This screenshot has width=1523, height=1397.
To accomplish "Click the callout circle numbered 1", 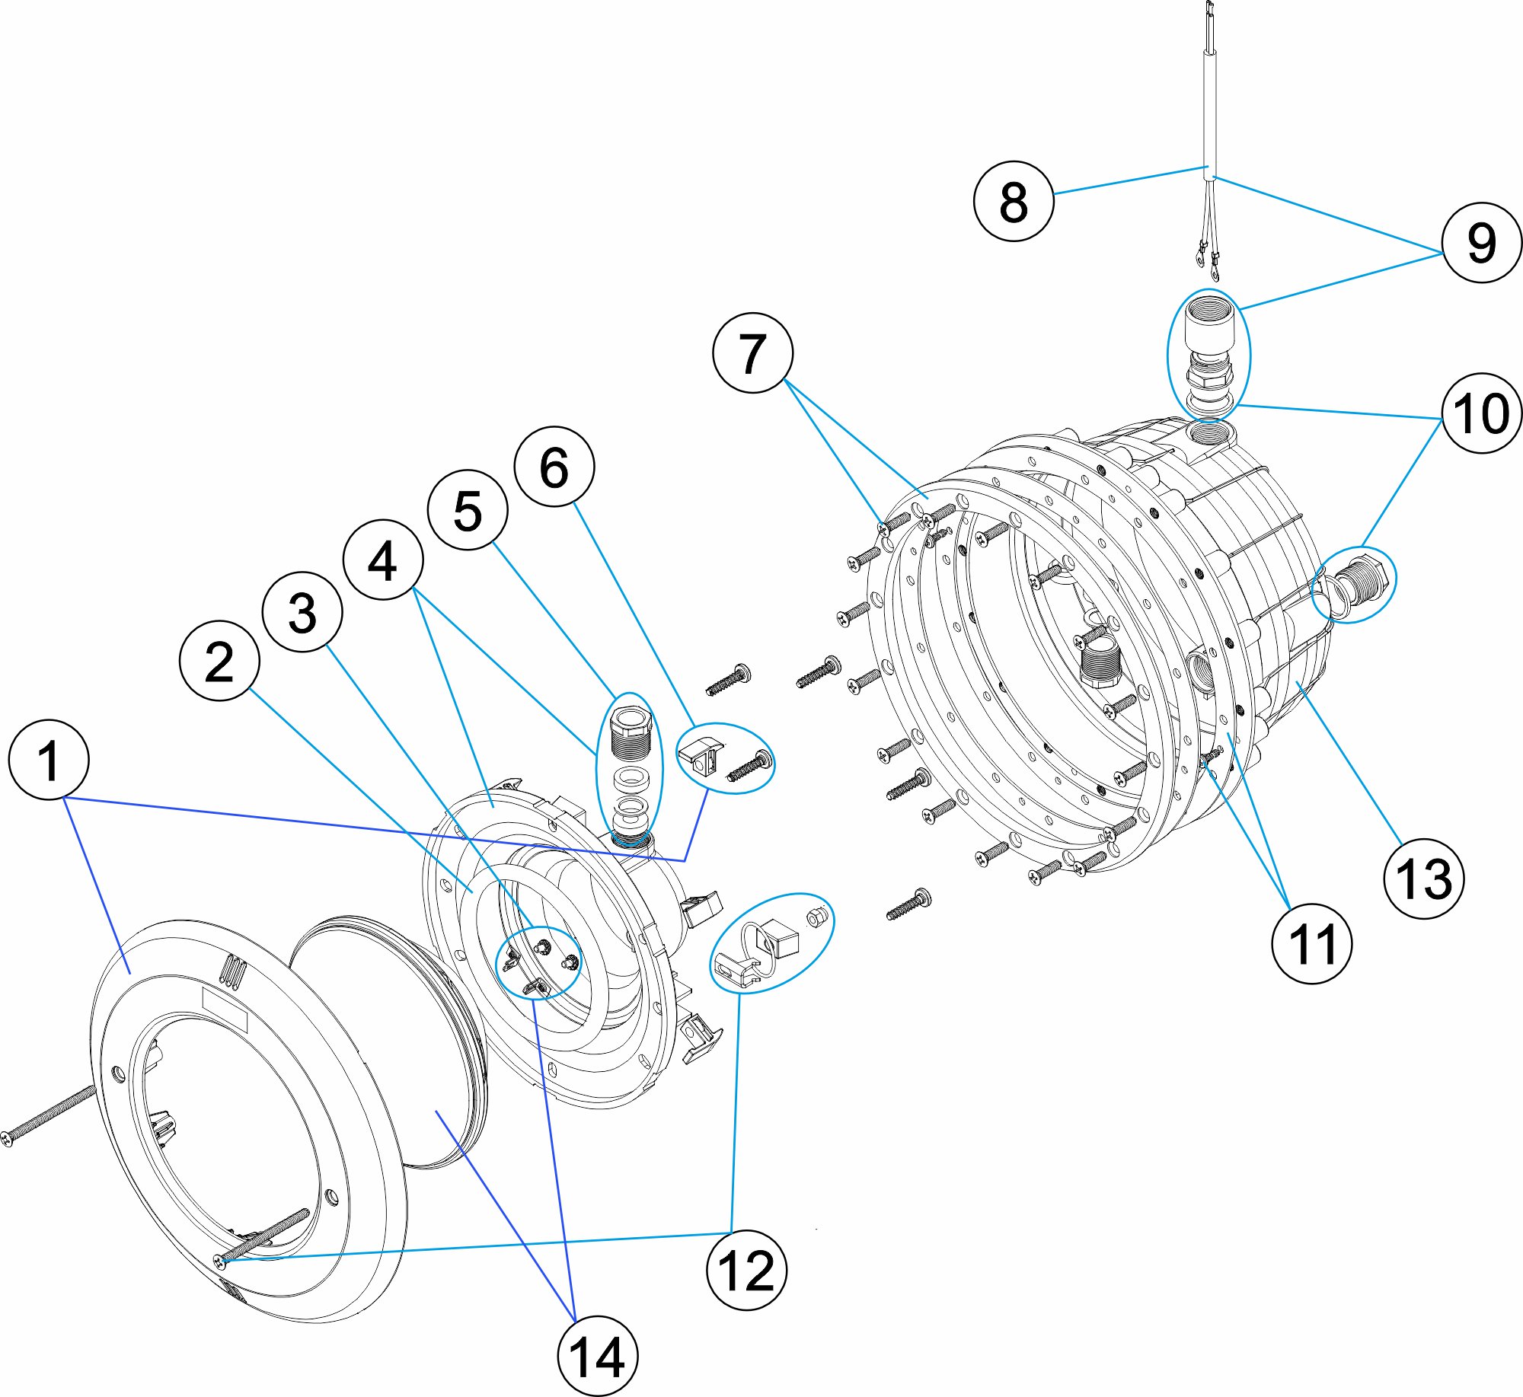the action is click(49, 759).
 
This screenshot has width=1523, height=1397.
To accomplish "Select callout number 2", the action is click(219, 661).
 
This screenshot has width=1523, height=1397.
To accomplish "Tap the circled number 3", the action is click(302, 612).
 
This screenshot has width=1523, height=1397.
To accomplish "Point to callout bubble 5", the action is click(468, 510).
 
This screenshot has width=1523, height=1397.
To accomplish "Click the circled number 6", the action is click(554, 467).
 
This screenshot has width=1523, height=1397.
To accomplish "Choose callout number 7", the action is click(752, 353).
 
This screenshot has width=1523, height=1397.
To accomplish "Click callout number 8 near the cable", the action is click(1014, 202).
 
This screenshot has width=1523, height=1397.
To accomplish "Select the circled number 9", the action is click(1481, 243).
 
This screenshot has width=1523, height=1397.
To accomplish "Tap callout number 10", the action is click(1481, 413).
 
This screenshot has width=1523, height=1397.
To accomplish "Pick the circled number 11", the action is click(1312, 944).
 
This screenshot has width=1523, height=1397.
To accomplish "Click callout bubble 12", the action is click(746, 1270).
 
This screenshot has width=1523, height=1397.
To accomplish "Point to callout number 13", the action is click(1423, 879).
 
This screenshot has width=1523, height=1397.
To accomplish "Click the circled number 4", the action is click(383, 560).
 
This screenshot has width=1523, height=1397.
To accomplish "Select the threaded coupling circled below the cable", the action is click(1209, 354).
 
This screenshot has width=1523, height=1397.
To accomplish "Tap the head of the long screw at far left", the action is click(7, 1137).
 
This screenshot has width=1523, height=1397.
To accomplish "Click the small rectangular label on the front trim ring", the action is click(225, 1010).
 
